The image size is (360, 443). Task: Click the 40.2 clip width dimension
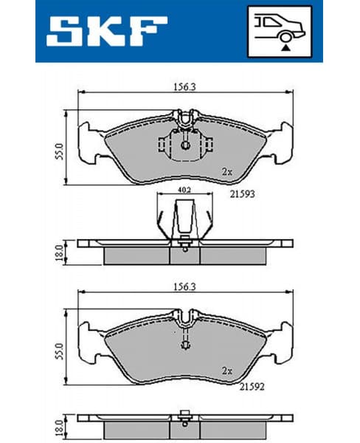point(184,191)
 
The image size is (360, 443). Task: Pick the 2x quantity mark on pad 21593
point(228,171)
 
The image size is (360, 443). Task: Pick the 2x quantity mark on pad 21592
point(228,371)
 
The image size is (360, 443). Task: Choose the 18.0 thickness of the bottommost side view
point(58,429)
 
